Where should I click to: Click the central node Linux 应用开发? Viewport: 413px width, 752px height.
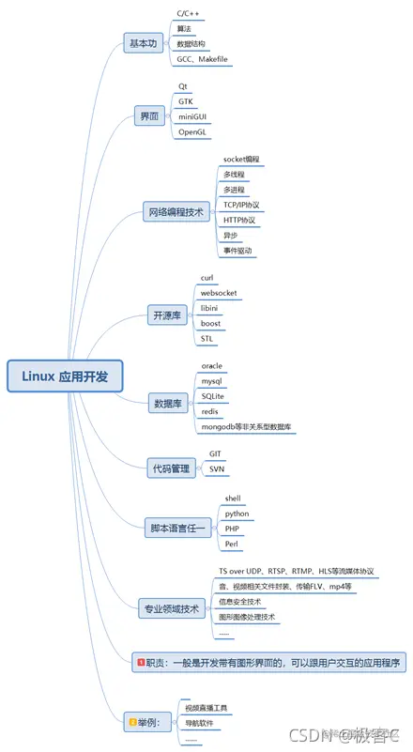(x=65, y=376)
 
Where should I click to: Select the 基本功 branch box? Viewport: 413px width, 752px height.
(x=144, y=44)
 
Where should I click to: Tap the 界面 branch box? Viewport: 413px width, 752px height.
(x=149, y=116)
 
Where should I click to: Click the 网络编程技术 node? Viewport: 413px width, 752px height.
(x=174, y=212)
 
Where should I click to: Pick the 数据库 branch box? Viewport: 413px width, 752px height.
(x=169, y=405)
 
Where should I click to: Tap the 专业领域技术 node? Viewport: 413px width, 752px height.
(x=170, y=607)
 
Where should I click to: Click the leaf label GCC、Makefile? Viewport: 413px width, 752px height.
(x=202, y=59)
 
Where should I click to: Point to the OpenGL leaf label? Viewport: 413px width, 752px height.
(x=194, y=132)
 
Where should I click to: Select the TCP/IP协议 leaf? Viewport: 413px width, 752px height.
(x=241, y=205)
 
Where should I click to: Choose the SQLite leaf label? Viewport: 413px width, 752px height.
(x=216, y=396)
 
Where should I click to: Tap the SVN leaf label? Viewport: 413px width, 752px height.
(x=217, y=468)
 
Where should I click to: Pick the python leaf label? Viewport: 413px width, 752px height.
(x=237, y=514)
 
